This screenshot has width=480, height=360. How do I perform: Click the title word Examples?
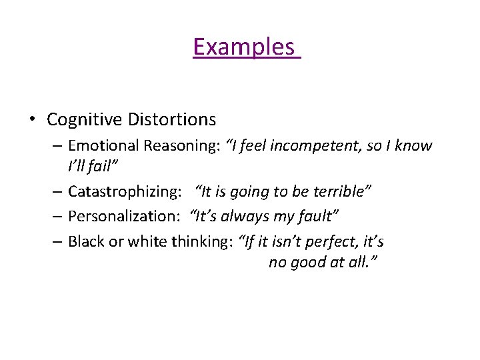point(244,47)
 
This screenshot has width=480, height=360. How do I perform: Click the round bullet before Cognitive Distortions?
point(31,120)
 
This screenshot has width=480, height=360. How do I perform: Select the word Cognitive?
point(83,120)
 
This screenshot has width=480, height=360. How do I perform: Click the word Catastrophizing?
point(125,192)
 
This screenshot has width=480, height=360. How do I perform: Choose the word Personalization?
point(126,217)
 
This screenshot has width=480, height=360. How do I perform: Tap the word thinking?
point(199,241)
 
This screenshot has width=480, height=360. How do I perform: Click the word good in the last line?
point(307,263)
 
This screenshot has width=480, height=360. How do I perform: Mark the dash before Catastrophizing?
point(57,192)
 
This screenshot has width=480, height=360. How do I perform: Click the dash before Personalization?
point(57,217)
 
